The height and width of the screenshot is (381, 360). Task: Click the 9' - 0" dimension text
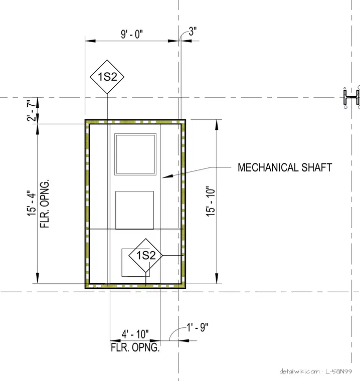point(132,34)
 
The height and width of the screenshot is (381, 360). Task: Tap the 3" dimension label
point(193,31)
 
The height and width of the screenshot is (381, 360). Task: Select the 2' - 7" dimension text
point(32,110)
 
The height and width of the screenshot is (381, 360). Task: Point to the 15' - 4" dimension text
point(32,203)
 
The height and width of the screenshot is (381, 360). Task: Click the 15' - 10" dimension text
point(211,202)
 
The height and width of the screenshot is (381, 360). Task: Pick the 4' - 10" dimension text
point(135,334)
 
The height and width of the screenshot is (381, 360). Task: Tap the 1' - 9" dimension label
point(198,327)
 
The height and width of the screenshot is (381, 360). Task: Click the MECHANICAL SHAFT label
point(285,167)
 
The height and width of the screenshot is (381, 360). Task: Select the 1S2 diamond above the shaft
point(107,77)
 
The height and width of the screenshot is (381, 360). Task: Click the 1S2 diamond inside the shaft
point(145,255)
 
